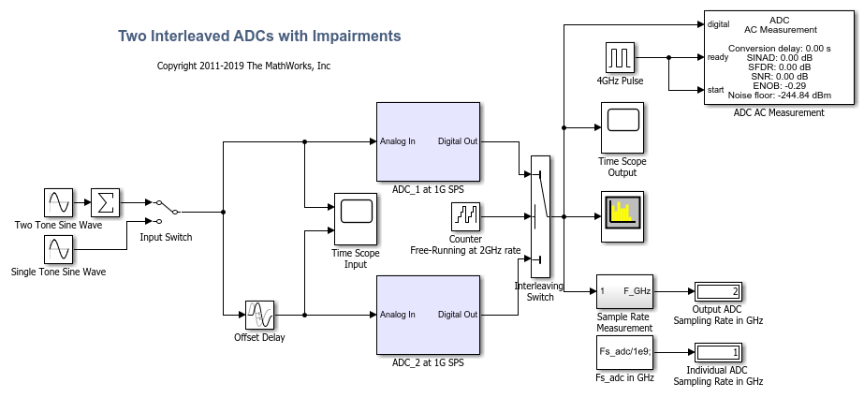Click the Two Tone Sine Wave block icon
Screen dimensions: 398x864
(58, 202)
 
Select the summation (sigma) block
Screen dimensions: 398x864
(105, 202)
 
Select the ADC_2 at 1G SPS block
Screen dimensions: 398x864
(429, 315)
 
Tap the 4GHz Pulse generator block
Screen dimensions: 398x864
(620, 57)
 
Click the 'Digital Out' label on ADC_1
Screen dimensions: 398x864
(458, 141)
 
